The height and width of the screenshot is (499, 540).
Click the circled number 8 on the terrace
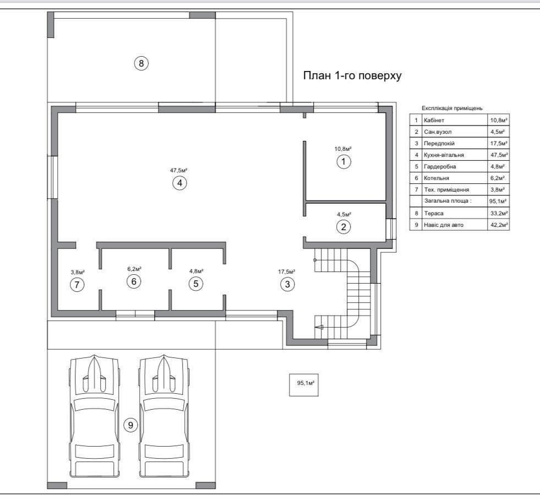coord(141,63)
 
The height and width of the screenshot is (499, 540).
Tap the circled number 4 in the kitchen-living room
coord(179,183)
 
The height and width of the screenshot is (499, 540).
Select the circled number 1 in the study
coord(343,161)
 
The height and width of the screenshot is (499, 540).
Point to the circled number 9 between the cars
coord(130,425)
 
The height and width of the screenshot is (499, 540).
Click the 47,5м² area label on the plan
coord(179,170)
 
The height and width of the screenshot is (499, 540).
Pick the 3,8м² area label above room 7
coord(78,272)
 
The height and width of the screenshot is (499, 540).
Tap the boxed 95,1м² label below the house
coord(304,385)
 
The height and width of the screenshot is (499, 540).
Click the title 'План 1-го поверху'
coord(352,75)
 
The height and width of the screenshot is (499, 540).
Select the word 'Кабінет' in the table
coord(434,120)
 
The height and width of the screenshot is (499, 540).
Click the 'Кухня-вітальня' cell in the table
coord(444,155)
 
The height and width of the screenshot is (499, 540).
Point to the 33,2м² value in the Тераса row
coord(499,213)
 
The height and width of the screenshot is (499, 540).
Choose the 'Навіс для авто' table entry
coord(444,225)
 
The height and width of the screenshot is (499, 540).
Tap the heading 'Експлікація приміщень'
coord(452,108)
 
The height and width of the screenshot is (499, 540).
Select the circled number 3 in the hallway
coord(287,284)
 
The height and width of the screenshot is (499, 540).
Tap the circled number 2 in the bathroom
coord(343,227)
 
